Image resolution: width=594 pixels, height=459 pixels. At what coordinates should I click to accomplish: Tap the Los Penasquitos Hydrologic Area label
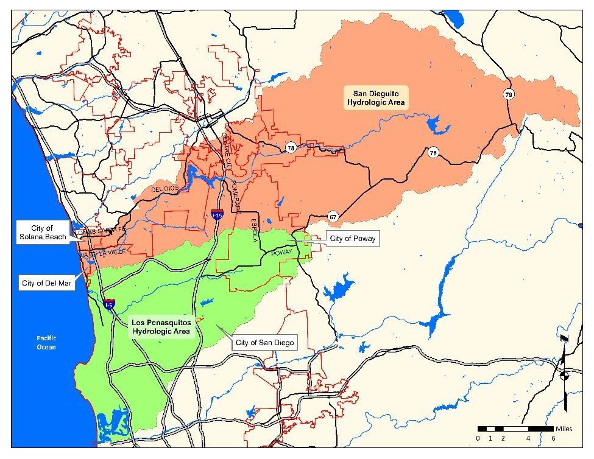click(162, 327)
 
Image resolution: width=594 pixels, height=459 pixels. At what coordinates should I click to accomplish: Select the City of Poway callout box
click(352, 239)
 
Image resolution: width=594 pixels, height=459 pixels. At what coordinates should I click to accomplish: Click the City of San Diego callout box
click(264, 343)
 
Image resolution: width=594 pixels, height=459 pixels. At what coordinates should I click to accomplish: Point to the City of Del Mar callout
click(46, 283)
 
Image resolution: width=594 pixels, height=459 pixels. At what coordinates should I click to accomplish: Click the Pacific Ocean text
click(46, 342)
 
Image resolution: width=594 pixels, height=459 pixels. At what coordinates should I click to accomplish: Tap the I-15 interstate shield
click(217, 214)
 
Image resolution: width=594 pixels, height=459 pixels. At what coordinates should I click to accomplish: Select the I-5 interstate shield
click(109, 304)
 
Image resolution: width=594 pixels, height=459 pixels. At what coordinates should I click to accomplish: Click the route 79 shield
click(508, 94)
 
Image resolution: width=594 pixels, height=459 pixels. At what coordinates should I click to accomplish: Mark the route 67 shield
click(333, 217)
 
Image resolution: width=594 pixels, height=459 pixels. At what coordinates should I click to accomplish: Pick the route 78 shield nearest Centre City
click(291, 148)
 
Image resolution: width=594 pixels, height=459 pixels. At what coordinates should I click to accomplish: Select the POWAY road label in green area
click(281, 253)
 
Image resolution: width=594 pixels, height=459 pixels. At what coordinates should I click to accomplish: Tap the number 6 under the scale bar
click(553, 438)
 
